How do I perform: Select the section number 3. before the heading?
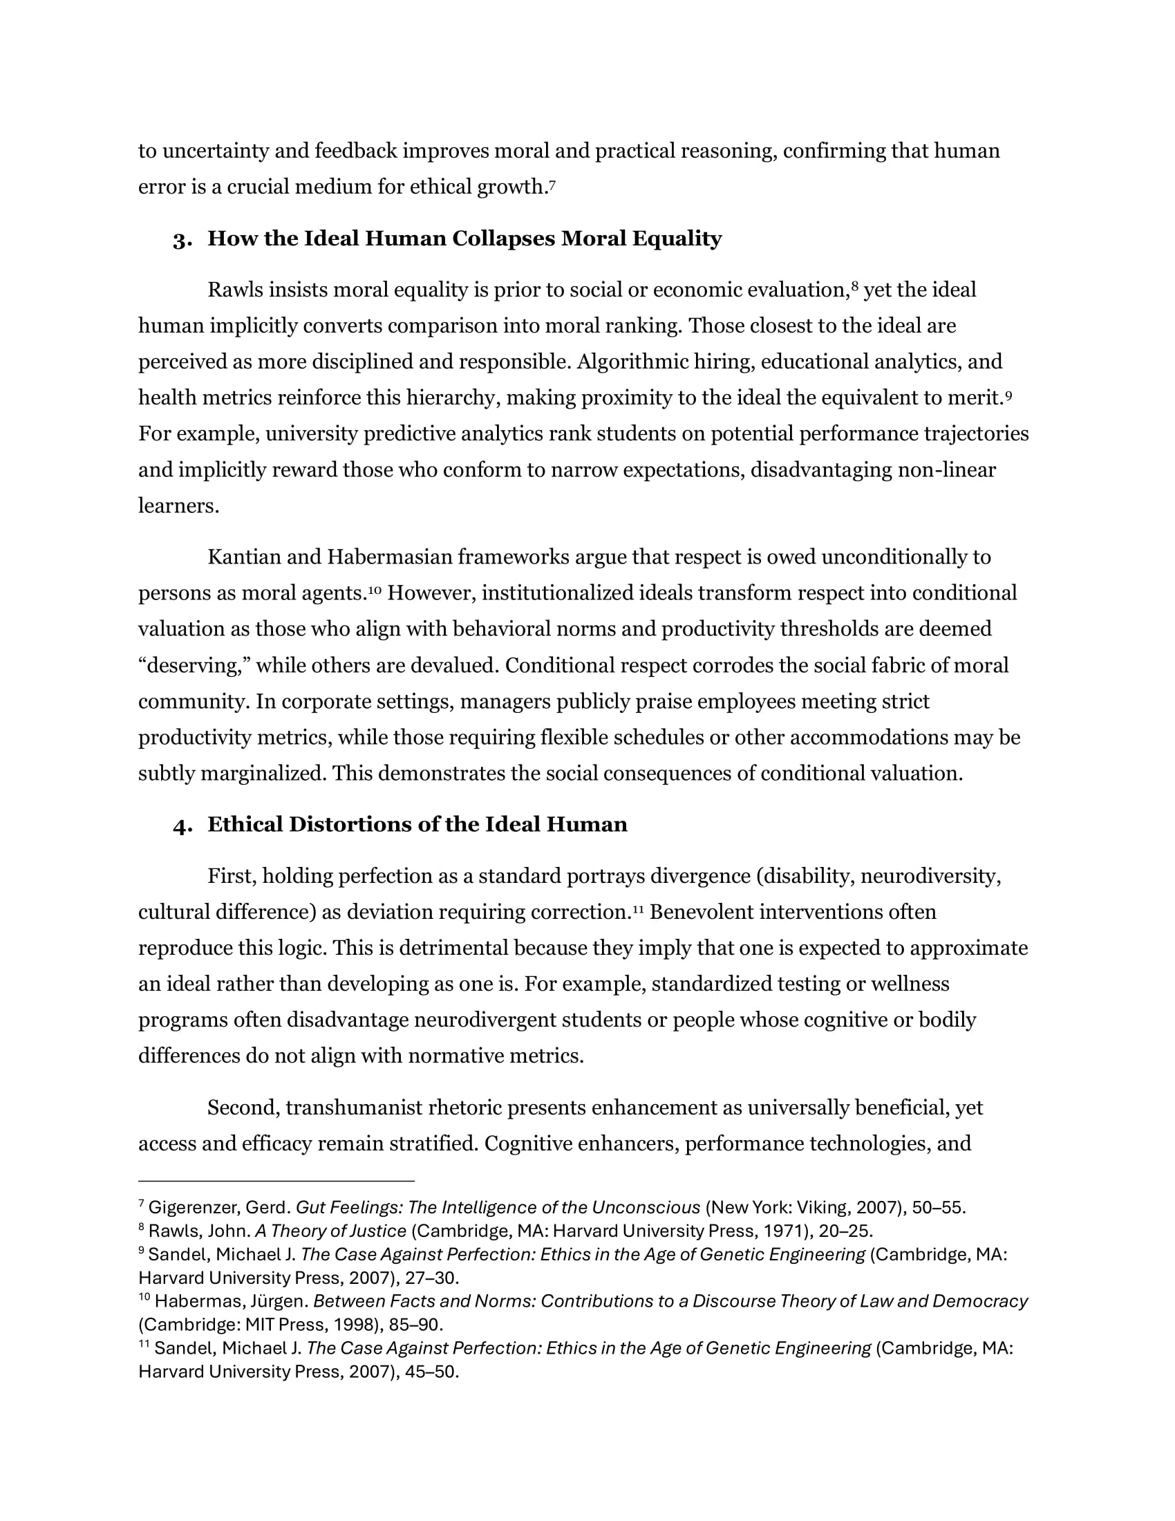click(x=182, y=241)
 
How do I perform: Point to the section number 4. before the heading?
click(x=182, y=826)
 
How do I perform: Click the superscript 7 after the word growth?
click(x=552, y=183)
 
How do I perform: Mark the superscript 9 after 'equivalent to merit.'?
click(x=1008, y=394)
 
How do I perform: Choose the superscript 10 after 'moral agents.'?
click(x=375, y=590)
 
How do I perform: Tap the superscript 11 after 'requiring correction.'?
click(x=639, y=908)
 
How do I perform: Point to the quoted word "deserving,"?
click(x=194, y=666)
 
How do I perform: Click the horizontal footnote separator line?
click(x=276, y=1181)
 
